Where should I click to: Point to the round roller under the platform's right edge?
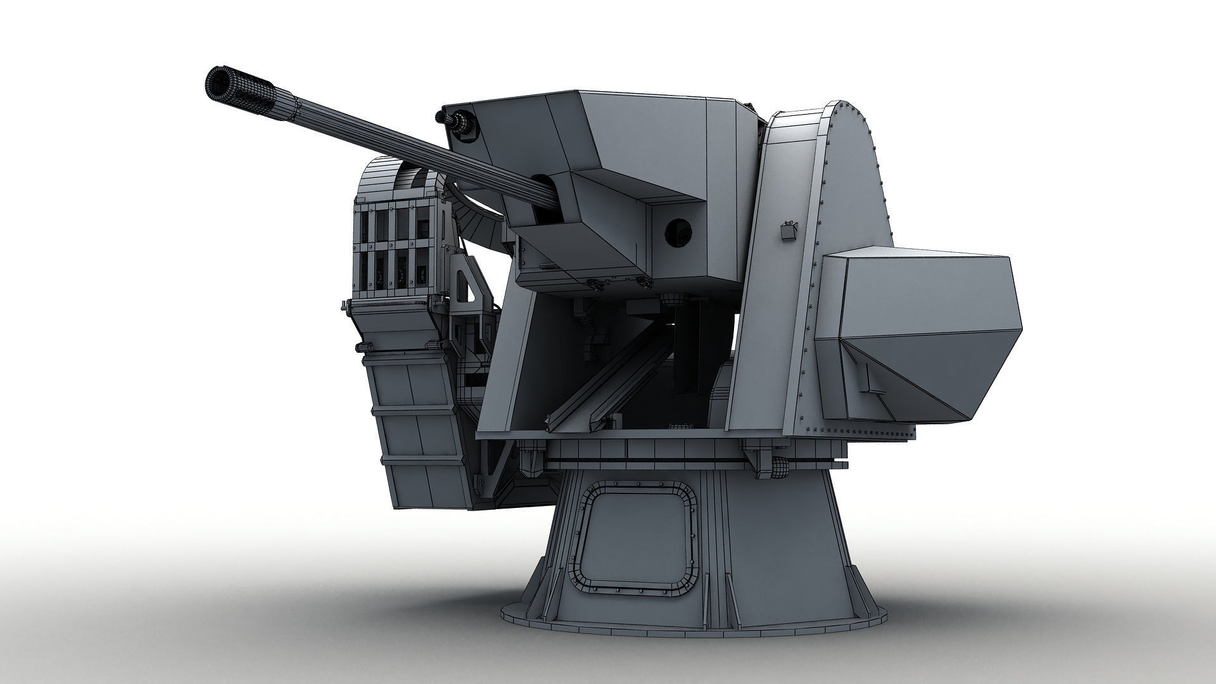point(778,469)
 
